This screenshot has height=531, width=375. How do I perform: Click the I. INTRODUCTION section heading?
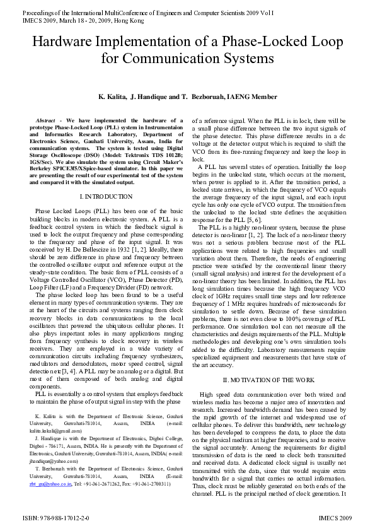coord(107,197)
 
